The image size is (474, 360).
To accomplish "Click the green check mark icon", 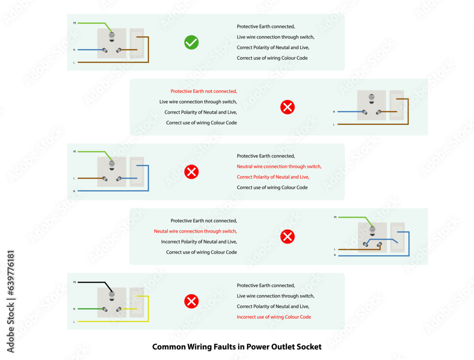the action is [x=191, y=42].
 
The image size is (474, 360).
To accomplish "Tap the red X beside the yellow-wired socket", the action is [x=191, y=301].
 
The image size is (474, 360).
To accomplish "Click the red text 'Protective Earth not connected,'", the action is [x=204, y=91].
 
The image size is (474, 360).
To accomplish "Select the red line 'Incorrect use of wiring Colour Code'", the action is [x=274, y=317].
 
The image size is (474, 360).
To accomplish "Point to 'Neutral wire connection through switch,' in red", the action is [x=279, y=166].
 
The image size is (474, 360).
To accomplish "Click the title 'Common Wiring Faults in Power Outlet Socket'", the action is [x=237, y=347].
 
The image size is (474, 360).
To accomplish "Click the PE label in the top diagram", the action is [x=75, y=23].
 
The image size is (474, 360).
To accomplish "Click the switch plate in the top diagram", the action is [x=137, y=43].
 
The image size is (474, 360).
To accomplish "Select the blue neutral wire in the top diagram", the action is [x=91, y=50].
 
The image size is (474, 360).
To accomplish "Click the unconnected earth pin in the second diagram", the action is [x=372, y=99].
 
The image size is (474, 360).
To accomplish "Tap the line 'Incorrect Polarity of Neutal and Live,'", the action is [x=199, y=242].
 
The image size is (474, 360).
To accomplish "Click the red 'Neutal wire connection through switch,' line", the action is [x=195, y=231].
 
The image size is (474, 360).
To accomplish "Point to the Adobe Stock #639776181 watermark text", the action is [x=10, y=301].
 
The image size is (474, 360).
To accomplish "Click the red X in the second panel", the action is [x=288, y=107].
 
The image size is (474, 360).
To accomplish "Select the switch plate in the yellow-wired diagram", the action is [x=137, y=302].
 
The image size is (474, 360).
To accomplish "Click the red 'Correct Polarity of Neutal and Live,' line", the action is [x=273, y=177].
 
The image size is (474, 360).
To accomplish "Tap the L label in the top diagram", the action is [x=74, y=63].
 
